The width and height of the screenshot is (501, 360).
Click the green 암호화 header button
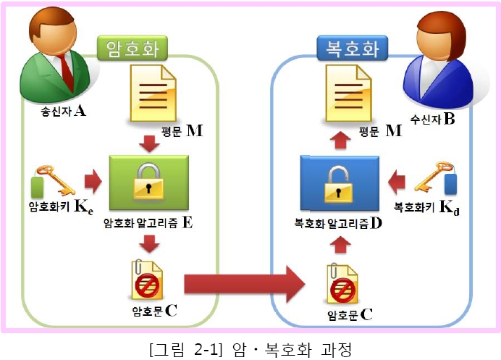coord(132,48)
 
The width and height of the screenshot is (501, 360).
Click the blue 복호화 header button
coord(352,49)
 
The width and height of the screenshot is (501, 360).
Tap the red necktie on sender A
coord(67,72)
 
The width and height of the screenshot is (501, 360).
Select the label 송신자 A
coord(63,112)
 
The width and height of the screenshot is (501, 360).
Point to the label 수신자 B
coord(433,120)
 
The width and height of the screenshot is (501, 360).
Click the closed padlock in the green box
coord(148,181)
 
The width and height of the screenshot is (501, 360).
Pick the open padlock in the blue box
coord(338,185)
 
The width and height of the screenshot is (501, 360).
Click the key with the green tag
coord(53,180)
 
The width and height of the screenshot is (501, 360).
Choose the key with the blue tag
coord(436,177)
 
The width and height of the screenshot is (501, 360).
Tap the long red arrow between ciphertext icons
coord(245,284)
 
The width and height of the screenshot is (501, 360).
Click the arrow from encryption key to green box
coord(93,181)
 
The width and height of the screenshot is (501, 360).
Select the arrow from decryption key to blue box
coord(397,183)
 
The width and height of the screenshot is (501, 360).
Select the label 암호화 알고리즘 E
coord(148,222)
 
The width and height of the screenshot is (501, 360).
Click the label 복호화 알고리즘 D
coord(338,223)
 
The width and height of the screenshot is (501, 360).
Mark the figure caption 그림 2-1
coord(185,349)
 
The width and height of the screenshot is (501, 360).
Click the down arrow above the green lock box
coord(149,143)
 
